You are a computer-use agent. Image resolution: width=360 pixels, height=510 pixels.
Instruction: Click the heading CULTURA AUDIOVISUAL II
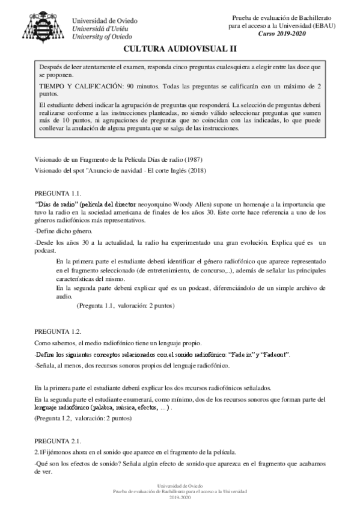(x=180, y=51)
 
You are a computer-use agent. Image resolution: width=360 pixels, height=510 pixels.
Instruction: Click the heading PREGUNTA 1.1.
(x=57, y=193)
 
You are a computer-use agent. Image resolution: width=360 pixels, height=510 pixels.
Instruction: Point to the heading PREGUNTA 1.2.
(x=57, y=331)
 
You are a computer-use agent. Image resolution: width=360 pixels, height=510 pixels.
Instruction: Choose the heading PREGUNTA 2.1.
(x=57, y=441)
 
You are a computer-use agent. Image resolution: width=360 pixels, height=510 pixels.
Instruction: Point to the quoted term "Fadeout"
(x=274, y=354)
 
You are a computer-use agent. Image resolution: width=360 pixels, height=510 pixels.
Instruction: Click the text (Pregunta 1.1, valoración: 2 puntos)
(x=126, y=306)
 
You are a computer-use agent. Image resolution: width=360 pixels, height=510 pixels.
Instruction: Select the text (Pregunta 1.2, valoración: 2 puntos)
(x=83, y=417)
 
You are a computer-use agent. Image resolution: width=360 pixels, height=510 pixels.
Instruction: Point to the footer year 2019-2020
(x=180, y=498)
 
